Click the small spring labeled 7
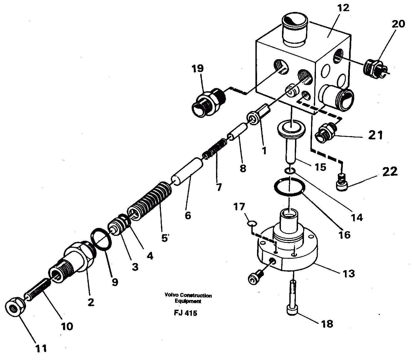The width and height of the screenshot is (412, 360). pyautogui.click(x=215, y=149)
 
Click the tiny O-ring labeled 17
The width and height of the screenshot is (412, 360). pyautogui.click(x=252, y=223)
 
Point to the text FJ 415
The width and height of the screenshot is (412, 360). pyautogui.click(x=186, y=313)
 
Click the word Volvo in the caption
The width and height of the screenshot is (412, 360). pyautogui.click(x=170, y=295)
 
